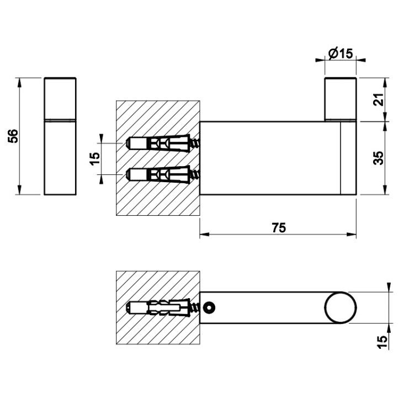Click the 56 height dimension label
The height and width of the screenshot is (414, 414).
13,136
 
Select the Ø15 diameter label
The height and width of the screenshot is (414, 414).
341,54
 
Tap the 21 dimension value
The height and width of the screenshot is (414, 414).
379,99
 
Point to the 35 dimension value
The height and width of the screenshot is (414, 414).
379,158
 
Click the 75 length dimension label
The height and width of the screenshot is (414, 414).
279,227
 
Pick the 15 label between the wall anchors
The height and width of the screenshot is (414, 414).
95,158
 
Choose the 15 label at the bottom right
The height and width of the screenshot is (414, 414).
383,342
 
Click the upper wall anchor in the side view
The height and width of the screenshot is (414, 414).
163,144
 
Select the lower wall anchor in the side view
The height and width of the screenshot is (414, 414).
163,174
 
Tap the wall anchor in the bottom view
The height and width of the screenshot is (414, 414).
163,308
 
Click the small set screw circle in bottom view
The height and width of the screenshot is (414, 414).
209,307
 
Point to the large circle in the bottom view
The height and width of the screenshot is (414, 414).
341,307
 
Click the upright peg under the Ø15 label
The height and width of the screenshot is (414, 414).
341,99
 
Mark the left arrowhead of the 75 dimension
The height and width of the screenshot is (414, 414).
204,234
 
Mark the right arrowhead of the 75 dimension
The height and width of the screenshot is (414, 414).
352,234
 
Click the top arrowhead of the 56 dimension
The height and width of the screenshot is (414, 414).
19,83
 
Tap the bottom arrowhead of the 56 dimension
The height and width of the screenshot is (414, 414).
19,190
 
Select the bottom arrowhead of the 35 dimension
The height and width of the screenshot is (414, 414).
385,190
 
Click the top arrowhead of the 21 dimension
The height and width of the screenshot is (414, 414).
385,83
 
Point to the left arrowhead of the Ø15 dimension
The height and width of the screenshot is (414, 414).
320,60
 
